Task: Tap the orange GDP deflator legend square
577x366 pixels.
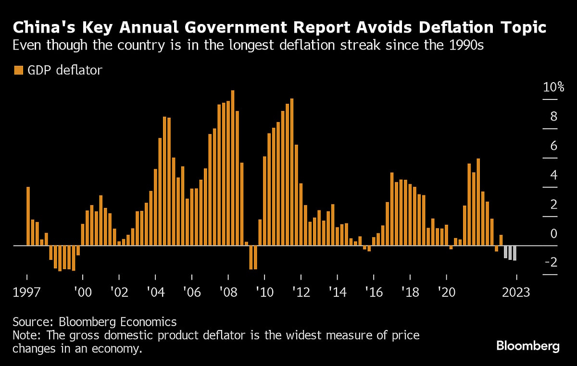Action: [18, 70]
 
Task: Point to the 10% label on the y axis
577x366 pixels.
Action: [553, 87]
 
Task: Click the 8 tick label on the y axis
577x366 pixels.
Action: [553, 117]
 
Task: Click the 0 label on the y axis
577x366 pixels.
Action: [553, 234]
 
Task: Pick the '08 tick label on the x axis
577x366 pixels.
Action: [227, 293]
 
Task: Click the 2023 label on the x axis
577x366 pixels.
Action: [516, 293]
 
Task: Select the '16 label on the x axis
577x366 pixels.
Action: [373, 293]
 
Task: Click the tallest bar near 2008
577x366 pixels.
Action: [233, 168]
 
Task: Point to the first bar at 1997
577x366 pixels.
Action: [28, 216]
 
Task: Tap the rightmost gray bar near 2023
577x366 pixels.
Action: [514, 253]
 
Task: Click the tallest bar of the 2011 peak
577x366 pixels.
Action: [292, 172]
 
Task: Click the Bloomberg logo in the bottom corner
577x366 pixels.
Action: [527, 346]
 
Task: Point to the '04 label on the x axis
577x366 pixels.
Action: [155, 293]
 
